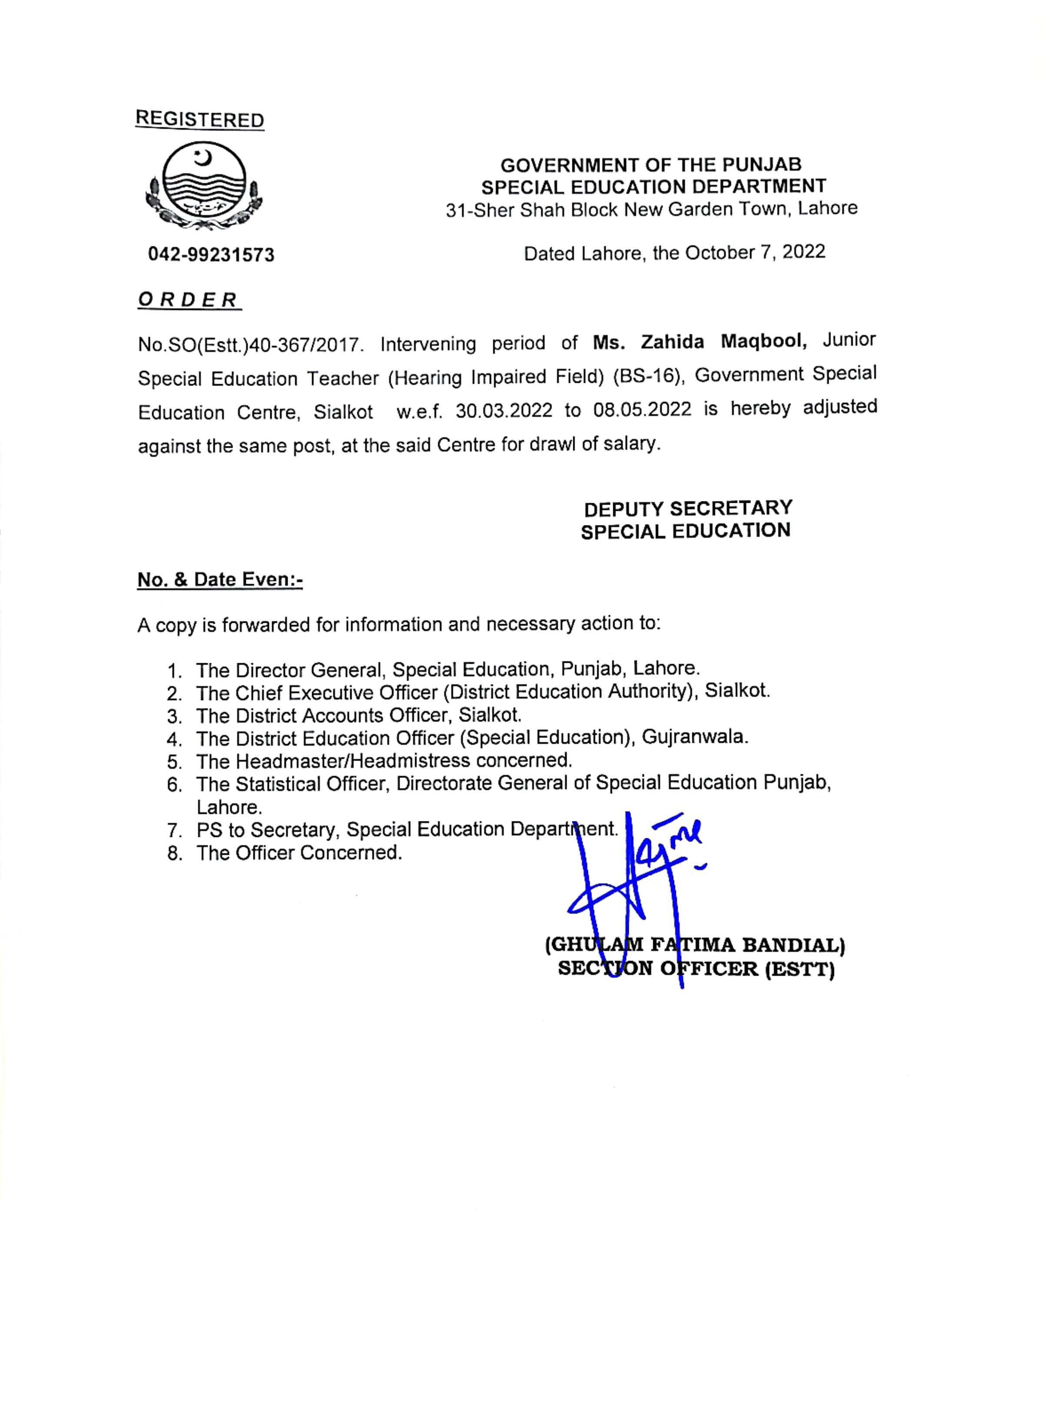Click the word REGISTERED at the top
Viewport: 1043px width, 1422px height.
199,120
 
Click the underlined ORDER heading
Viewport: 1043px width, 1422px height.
188,299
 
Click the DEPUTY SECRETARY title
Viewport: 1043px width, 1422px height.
688,508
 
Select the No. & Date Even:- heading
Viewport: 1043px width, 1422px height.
220,580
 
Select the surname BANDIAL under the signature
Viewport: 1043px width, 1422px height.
793,945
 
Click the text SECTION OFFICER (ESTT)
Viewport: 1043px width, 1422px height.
696,969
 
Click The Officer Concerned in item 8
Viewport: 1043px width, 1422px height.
299,853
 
